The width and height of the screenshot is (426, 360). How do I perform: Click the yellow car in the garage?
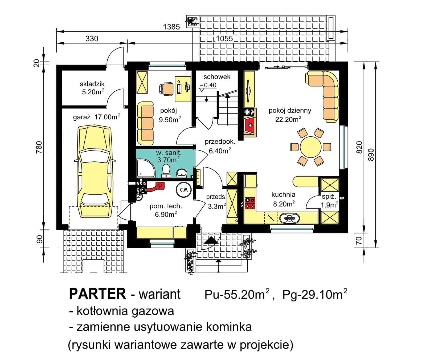(x=95, y=172)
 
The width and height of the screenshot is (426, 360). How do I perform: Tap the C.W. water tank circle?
(x=184, y=190)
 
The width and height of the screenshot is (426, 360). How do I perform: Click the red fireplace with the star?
(x=250, y=124)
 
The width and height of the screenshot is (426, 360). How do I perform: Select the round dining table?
(x=310, y=147)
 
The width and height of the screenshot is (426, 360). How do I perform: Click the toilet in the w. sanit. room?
(x=166, y=171)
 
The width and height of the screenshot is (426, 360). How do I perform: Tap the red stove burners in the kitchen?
(x=250, y=203)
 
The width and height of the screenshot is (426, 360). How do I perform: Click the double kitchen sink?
(x=289, y=218)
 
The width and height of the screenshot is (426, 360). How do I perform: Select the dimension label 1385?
(x=171, y=27)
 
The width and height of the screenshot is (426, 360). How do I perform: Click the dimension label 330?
(x=92, y=39)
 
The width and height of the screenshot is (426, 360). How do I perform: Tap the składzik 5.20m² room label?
(x=92, y=88)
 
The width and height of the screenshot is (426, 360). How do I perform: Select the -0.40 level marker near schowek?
(x=208, y=85)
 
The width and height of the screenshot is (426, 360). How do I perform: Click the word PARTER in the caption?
(x=97, y=294)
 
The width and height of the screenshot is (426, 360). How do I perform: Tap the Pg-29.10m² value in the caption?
(x=314, y=294)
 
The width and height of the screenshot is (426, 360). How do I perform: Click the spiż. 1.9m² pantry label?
(x=329, y=201)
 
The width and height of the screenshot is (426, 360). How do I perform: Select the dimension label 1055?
(x=224, y=39)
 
